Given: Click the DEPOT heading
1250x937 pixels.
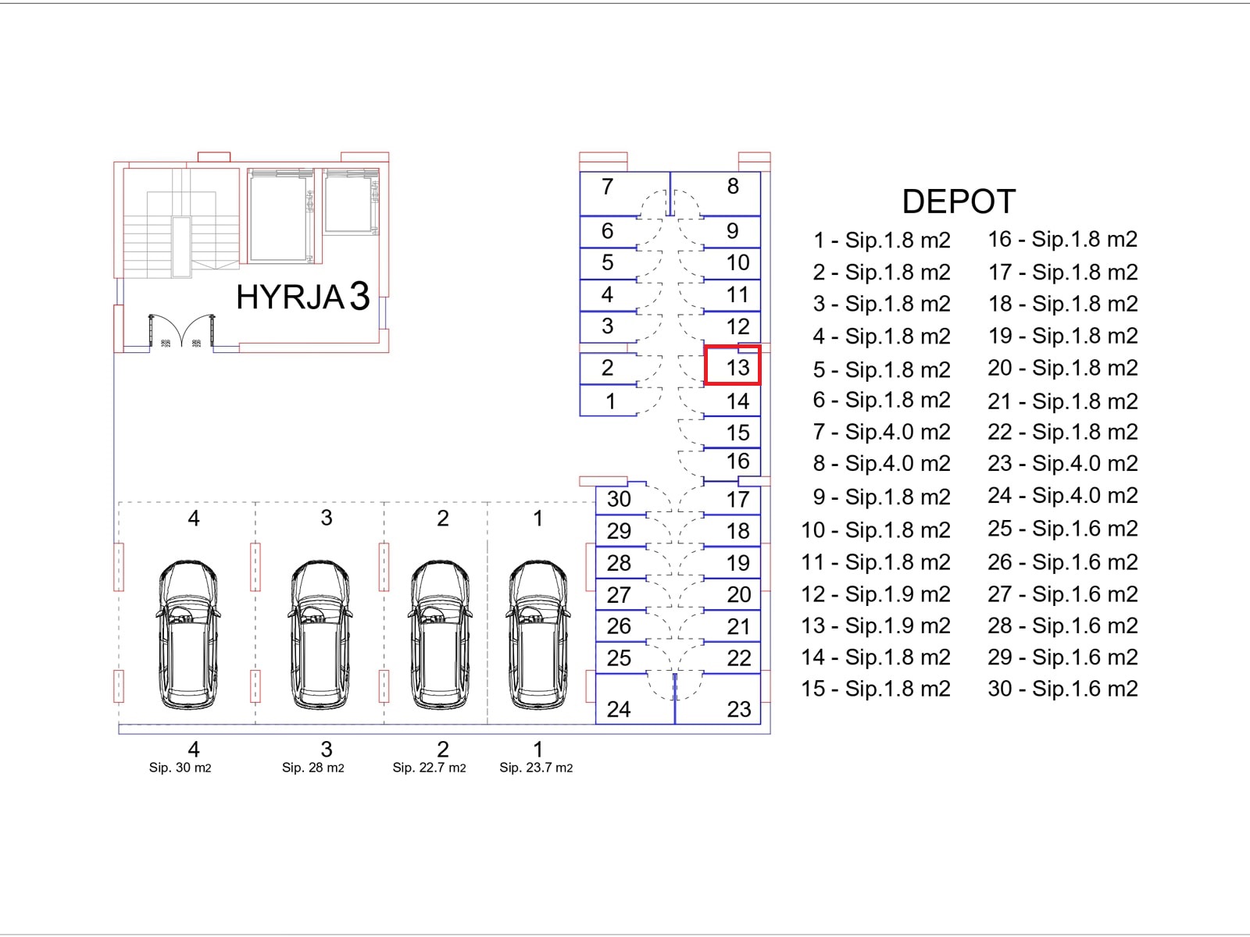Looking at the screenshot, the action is point(959,201).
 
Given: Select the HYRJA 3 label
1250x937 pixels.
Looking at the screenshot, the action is point(303,297).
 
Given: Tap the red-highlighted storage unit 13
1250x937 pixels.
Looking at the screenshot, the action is point(732,365).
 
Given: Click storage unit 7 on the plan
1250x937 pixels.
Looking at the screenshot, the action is point(625,194).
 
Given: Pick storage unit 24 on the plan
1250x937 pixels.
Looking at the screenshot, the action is point(635,699).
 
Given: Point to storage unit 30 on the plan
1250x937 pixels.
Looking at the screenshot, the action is point(621,499).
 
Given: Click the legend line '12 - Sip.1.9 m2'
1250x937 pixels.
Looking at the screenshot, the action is point(876,594).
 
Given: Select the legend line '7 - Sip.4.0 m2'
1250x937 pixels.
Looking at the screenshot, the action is point(881,432).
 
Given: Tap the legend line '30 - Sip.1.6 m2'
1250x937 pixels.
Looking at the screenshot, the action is point(1062,689).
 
